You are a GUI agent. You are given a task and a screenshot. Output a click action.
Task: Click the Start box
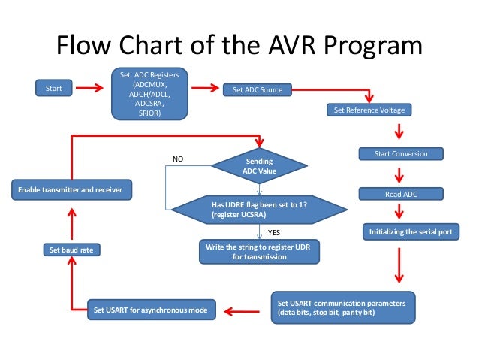click(x=54, y=89)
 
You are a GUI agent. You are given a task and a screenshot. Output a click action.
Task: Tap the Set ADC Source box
click(x=258, y=90)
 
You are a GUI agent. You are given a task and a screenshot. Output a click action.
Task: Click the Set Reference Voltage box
click(x=369, y=110)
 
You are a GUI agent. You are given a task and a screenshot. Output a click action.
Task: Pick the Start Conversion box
click(x=400, y=153)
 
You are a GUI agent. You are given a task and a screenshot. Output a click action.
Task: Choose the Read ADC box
click(x=400, y=194)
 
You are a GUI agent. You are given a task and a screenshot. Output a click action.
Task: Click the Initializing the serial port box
click(x=410, y=232)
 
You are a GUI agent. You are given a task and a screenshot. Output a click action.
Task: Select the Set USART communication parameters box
click(x=342, y=307)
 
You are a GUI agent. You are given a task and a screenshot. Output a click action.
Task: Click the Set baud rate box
click(x=71, y=249)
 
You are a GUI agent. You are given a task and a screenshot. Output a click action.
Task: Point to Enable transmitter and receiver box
click(x=71, y=190)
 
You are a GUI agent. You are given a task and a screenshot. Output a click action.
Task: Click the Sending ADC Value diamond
click(x=260, y=166)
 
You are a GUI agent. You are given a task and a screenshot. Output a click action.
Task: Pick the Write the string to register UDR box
click(x=259, y=252)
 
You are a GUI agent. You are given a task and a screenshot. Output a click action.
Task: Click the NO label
click(x=178, y=159)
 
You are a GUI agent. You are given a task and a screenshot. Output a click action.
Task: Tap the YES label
click(x=274, y=234)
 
